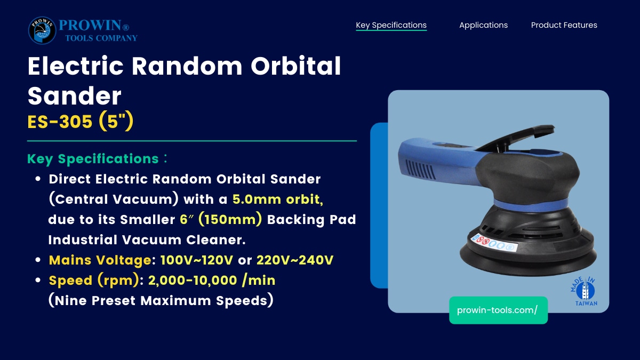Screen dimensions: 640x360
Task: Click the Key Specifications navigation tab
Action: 391,25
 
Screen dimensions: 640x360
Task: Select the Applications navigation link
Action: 483,25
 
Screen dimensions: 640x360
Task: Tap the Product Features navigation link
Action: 564,25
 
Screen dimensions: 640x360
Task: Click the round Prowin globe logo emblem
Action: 42,30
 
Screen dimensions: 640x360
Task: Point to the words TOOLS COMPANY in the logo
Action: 101,38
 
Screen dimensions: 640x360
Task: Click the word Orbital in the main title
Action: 295,66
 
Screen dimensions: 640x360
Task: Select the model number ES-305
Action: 60,122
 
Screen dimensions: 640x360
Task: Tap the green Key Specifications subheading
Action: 93,159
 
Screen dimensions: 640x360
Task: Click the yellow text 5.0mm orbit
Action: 278,199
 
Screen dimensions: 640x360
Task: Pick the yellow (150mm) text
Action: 230,219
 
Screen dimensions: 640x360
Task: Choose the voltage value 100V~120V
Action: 197,260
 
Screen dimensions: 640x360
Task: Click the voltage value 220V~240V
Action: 295,260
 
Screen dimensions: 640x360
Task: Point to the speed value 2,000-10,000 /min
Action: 212,281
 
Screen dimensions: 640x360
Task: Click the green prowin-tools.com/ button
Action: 498,310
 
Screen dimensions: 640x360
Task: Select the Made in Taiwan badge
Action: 585,291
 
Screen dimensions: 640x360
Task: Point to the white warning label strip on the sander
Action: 494,243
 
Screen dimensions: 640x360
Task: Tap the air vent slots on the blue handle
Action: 421,170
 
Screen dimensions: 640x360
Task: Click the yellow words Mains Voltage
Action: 100,260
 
